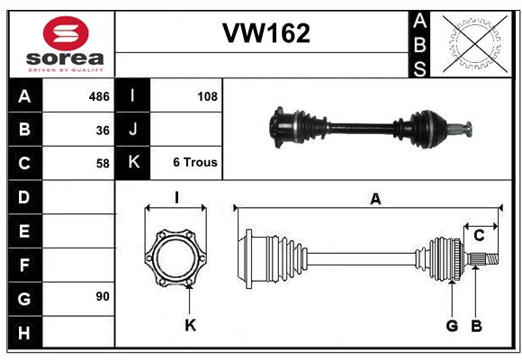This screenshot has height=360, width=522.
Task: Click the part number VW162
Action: (x=266, y=33)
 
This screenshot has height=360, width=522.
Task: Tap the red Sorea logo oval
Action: (x=66, y=33)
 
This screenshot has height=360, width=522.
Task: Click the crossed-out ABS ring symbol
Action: (x=475, y=44)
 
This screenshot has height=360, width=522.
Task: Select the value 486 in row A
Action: (x=99, y=96)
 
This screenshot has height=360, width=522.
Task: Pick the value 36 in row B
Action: (x=103, y=130)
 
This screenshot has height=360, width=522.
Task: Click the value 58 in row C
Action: (x=103, y=164)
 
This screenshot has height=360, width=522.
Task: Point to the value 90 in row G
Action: (x=103, y=296)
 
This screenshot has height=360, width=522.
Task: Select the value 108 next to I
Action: (x=207, y=96)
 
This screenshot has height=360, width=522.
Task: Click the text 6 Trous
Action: (x=195, y=162)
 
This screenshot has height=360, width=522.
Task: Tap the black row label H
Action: (x=24, y=332)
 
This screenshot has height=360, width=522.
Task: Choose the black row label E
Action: (x=24, y=230)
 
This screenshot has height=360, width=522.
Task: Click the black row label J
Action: (x=132, y=129)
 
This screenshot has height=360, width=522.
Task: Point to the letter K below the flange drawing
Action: (x=191, y=325)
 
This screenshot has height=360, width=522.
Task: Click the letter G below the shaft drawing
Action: (x=452, y=326)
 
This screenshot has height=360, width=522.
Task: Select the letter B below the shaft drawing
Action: (x=476, y=326)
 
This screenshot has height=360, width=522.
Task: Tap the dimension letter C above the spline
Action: (x=479, y=236)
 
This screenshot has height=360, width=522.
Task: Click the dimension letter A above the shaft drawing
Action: (x=375, y=199)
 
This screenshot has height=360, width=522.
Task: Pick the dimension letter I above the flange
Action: (x=176, y=198)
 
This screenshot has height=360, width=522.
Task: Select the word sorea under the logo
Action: (x=65, y=58)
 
